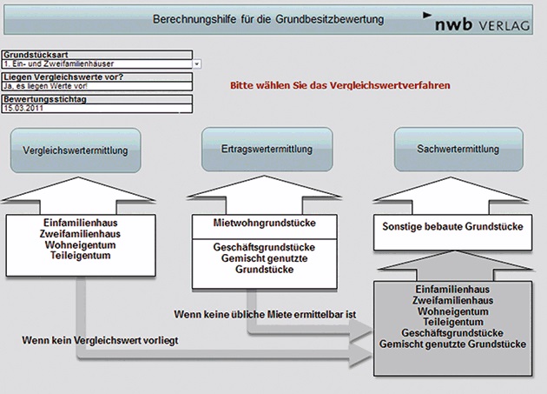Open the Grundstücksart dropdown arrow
(x=197, y=64)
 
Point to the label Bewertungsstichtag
(x=38, y=99)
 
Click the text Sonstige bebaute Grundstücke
(x=451, y=227)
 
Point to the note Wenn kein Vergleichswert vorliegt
(x=99, y=339)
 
